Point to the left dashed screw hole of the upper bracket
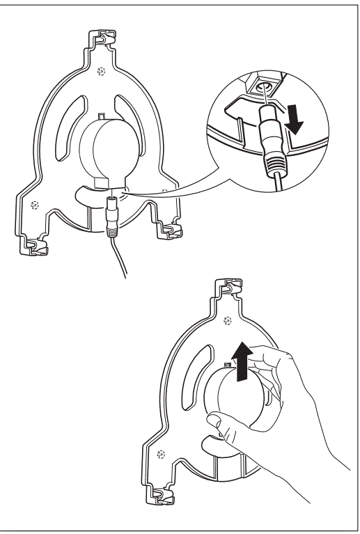(33, 205)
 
